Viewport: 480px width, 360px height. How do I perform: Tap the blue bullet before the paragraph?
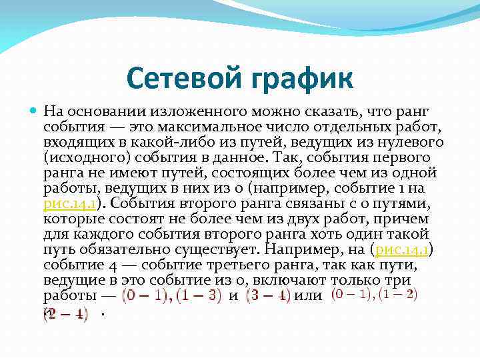click(35, 111)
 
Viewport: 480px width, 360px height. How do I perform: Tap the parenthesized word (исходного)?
click(85, 157)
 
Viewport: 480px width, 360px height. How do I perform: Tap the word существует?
click(213, 249)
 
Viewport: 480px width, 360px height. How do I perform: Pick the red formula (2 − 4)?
click(65, 313)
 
